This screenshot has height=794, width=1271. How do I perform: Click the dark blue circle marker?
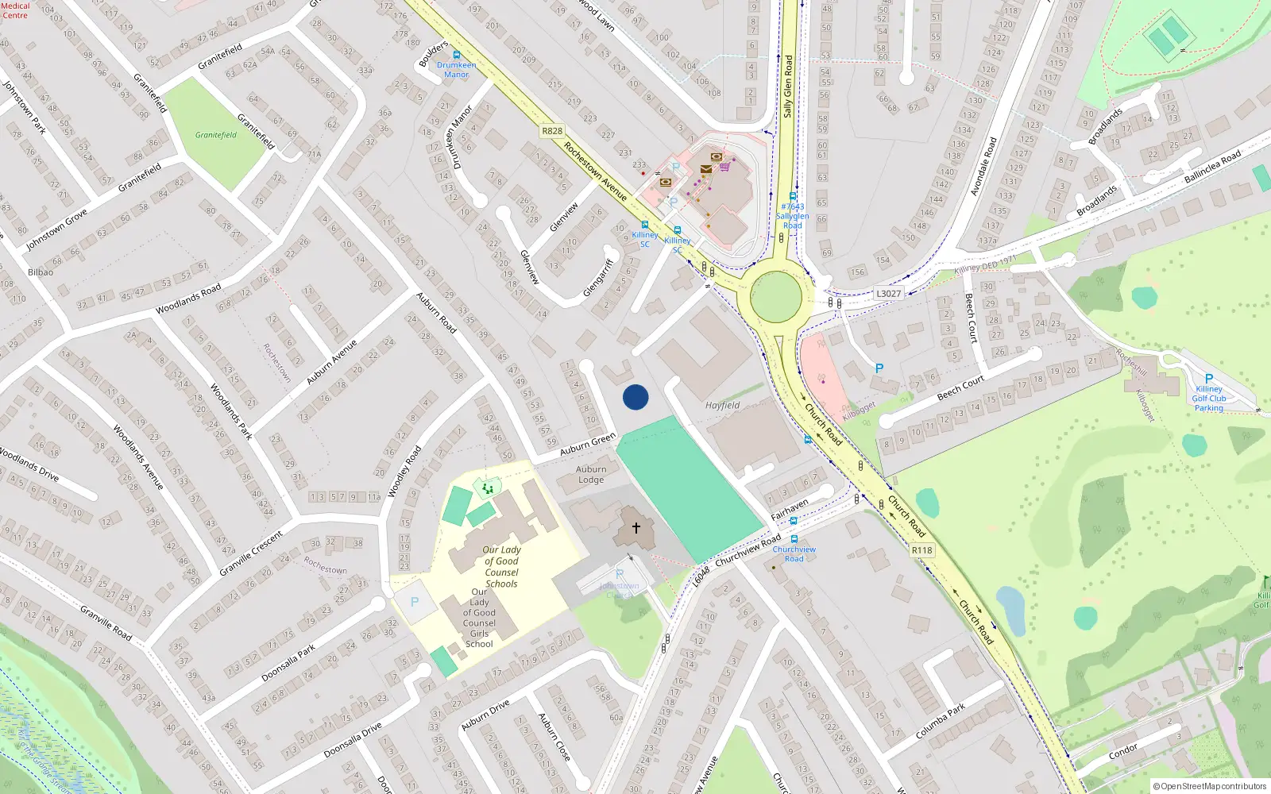click(635, 397)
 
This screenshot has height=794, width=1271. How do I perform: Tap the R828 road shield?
click(552, 131)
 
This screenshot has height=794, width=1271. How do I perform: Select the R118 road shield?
click(921, 550)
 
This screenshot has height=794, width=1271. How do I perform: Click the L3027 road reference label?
click(889, 294)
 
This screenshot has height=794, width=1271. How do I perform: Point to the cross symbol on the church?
click(636, 527)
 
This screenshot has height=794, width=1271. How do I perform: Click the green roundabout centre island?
click(776, 297)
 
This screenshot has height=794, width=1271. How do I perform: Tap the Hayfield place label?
click(722, 405)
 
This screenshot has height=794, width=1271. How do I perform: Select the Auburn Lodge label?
click(591, 474)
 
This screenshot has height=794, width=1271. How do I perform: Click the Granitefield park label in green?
click(216, 135)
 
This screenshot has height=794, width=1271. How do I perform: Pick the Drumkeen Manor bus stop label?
click(456, 70)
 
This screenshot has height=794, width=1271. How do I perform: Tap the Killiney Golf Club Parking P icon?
click(1209, 379)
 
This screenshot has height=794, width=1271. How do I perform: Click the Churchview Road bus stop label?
click(794, 553)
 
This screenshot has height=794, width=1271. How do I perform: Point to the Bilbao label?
click(41, 272)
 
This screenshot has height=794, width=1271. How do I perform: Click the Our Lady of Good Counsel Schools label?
click(501, 566)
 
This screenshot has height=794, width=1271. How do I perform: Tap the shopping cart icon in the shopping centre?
click(724, 167)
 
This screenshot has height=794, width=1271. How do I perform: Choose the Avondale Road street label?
click(983, 166)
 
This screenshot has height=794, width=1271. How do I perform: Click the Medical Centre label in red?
click(15, 10)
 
